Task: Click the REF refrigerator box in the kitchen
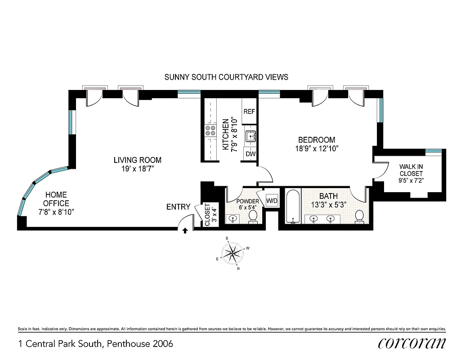pyautogui.click(x=249, y=112)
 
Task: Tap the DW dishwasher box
pyautogui.click(x=250, y=154)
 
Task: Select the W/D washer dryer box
pyautogui.click(x=272, y=200)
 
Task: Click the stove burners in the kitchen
pyautogui.click(x=210, y=130)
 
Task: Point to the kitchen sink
pyautogui.click(x=250, y=135)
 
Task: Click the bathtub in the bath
pyautogui.click(x=293, y=207)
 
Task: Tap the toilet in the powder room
pyautogui.click(x=253, y=217)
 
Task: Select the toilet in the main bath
pyautogui.click(x=360, y=216)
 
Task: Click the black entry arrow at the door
pyautogui.click(x=185, y=231)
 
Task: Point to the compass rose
pyautogui.click(x=232, y=253)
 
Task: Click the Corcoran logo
pyautogui.click(x=412, y=343)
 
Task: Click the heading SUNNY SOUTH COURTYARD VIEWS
pyautogui.click(x=226, y=77)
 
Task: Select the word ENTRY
pyautogui.click(x=179, y=207)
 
